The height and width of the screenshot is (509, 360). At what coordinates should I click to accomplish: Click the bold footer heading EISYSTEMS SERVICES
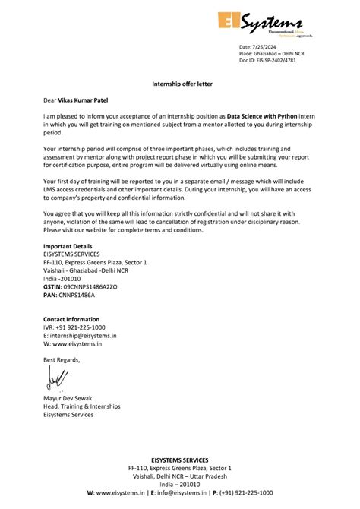click(x=179, y=460)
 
